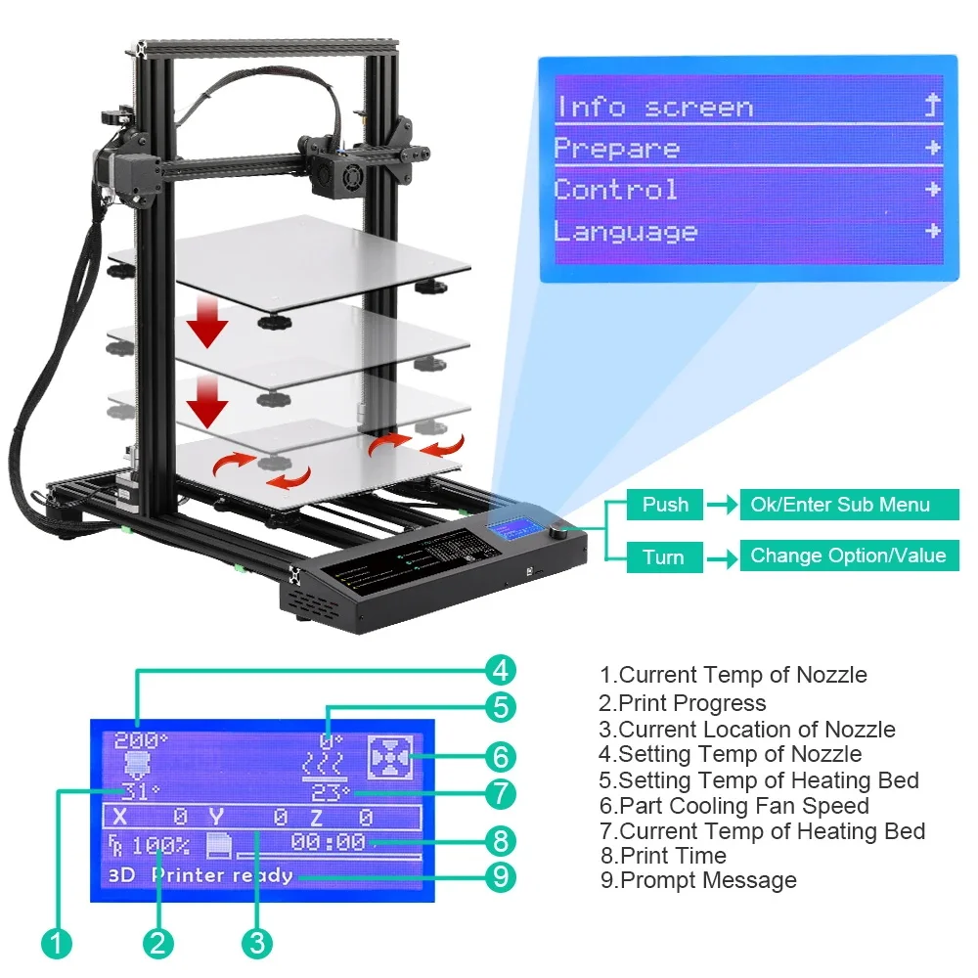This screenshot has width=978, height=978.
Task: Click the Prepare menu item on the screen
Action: click(616, 149)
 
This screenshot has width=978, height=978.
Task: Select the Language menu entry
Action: click(626, 232)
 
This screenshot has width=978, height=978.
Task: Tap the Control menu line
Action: click(615, 190)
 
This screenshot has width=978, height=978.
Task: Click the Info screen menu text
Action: click(655, 108)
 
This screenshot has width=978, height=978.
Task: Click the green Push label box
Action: click(665, 505)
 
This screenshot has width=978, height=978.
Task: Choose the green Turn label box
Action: click(665, 556)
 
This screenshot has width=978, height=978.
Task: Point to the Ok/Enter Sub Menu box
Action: click(849, 505)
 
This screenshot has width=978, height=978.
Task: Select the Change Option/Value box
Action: click(849, 556)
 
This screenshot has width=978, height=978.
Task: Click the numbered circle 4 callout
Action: click(501, 671)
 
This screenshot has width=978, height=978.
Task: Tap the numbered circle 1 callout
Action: click(57, 943)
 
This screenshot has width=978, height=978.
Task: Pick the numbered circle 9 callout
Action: click(501, 877)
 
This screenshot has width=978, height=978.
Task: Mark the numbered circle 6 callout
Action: click(501, 757)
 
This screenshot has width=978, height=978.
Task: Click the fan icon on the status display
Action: click(390, 758)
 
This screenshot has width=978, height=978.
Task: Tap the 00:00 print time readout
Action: click(328, 842)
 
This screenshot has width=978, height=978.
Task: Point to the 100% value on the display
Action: click(160, 846)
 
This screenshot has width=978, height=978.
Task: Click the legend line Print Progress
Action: click(683, 703)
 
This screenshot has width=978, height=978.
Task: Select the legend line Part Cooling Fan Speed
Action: click(734, 806)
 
